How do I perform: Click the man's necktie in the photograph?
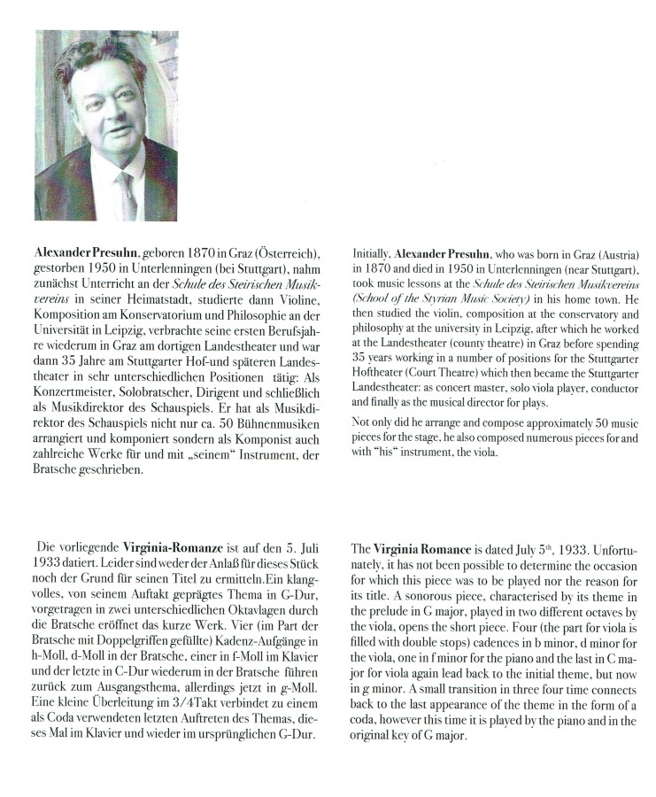[126, 192]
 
